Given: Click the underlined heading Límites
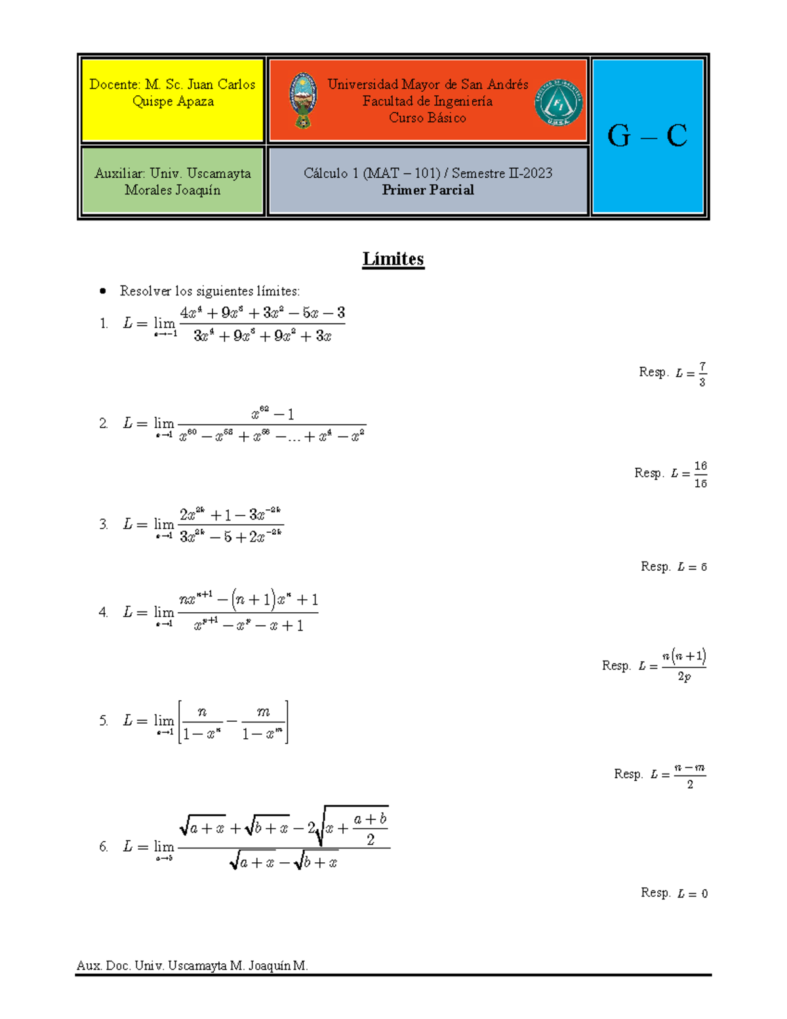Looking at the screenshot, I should pyautogui.click(x=393, y=259).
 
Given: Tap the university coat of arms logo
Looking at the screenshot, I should pyautogui.click(x=302, y=100).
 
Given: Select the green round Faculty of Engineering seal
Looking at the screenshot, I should pyautogui.click(x=558, y=102).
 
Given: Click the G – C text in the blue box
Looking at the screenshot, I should pyautogui.click(x=647, y=136).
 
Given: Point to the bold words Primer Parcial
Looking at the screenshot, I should pyautogui.click(x=428, y=190).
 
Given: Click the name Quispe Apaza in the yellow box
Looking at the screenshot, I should pyautogui.click(x=172, y=102).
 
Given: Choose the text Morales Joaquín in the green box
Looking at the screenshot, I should pyautogui.click(x=172, y=190).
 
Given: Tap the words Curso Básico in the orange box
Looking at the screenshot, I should pyautogui.click(x=428, y=118).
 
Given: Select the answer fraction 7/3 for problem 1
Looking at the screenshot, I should pyautogui.click(x=702, y=374).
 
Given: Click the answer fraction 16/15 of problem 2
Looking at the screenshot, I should pyautogui.click(x=700, y=474).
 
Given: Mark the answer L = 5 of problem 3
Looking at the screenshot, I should pyautogui.click(x=692, y=567).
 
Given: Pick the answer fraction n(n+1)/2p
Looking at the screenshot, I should pyautogui.click(x=683, y=665).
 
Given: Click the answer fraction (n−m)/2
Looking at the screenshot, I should pyautogui.click(x=689, y=775).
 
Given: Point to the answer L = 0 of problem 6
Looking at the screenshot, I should pyautogui.click(x=692, y=894).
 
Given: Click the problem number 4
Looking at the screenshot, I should pyautogui.click(x=103, y=612).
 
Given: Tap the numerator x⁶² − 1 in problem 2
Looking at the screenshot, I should pyautogui.click(x=272, y=414).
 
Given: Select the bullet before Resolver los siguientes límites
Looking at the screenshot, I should pyautogui.click(x=102, y=291).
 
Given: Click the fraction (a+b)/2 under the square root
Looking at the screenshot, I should pyautogui.click(x=370, y=829).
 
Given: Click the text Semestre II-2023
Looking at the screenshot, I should pyautogui.click(x=502, y=173).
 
